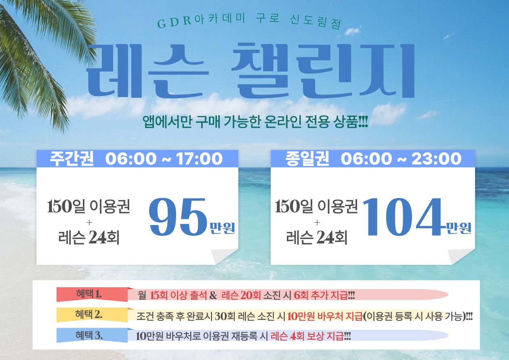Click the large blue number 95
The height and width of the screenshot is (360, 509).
pyautogui.click(x=178, y=217)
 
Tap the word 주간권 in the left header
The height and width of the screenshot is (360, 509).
pyautogui.click(x=72, y=158)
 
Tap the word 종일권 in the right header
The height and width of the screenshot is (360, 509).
pyautogui.click(x=307, y=158)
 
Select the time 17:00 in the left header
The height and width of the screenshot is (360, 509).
pyautogui.click(x=199, y=159)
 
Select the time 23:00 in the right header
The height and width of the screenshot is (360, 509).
pyautogui.click(x=436, y=159)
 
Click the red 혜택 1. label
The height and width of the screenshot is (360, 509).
pyautogui.click(x=88, y=294)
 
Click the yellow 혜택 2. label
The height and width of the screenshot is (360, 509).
pyautogui.click(x=88, y=315)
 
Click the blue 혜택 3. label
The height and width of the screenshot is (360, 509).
pyautogui.click(x=89, y=335)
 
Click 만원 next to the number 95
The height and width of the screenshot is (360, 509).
pyautogui.click(x=222, y=228)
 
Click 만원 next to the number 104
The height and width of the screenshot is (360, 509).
pyautogui.click(x=459, y=228)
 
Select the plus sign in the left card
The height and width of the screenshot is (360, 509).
pyautogui.click(x=89, y=222)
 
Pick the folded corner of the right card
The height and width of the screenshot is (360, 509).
pyautogui.click(x=461, y=256)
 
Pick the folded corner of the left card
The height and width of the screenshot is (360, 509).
pyautogui.click(x=224, y=256)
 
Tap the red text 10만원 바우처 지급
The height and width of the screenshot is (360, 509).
pyautogui.click(x=325, y=316)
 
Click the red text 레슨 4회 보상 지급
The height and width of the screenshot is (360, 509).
pyautogui.click(x=307, y=336)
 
